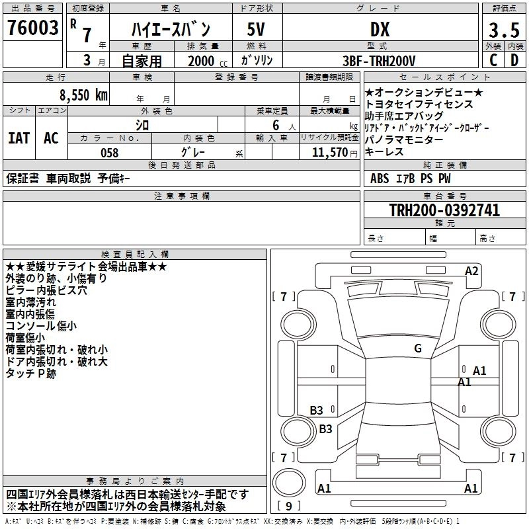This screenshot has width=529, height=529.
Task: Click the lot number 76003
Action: (33, 28)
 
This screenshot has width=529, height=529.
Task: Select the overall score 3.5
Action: (503, 30)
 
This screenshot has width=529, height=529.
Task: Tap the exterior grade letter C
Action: (493, 60)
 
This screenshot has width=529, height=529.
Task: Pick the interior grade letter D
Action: (514, 60)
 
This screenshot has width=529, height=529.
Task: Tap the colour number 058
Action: (109, 153)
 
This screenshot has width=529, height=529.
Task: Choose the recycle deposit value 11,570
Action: (331, 153)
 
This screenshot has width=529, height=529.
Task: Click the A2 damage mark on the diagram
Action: (471, 270)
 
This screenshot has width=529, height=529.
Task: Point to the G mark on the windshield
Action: (418, 348)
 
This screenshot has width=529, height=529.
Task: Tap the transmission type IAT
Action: (19, 138)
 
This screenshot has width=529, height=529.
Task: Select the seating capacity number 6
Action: (273, 125)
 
